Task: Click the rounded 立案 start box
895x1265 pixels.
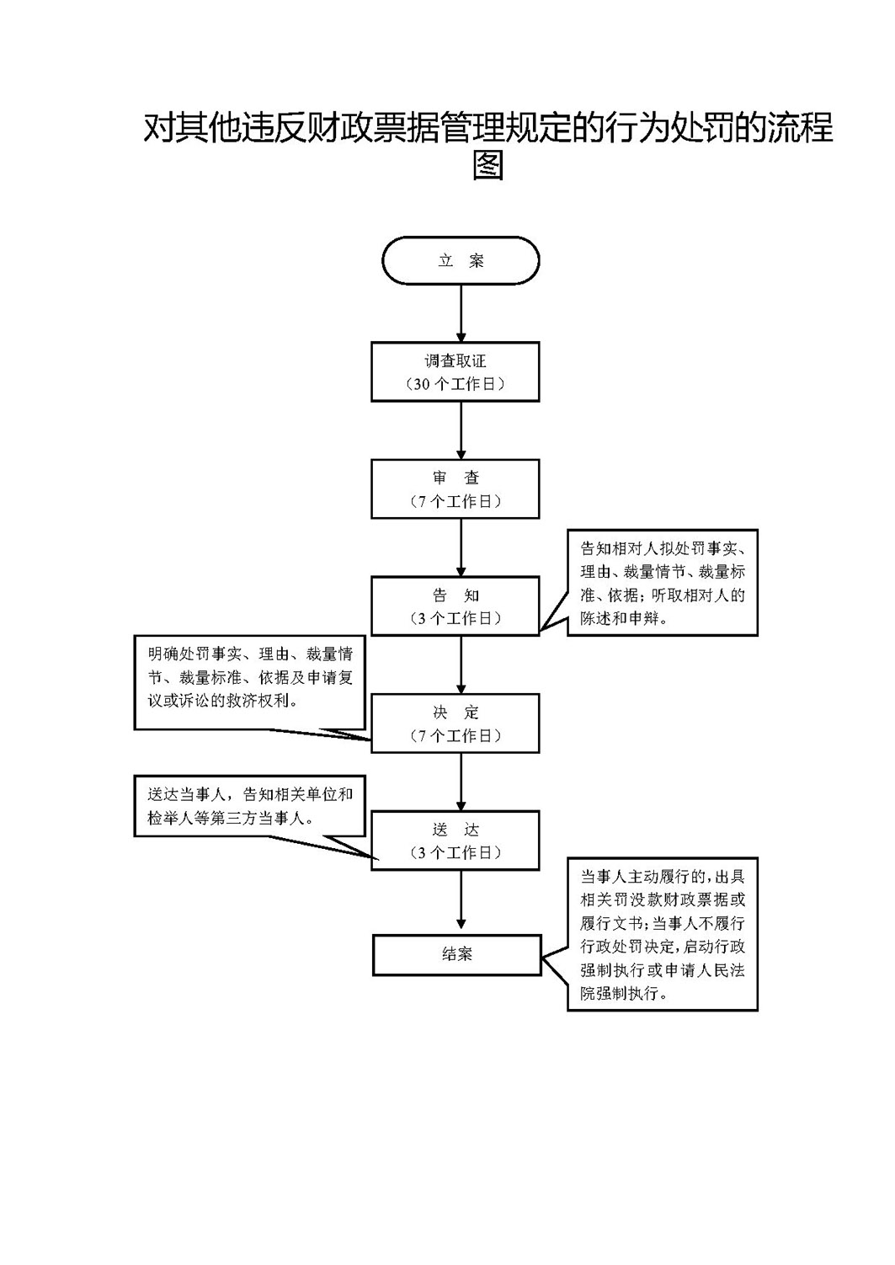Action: (461, 260)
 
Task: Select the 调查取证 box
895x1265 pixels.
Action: (455, 371)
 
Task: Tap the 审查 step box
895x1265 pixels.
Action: (455, 489)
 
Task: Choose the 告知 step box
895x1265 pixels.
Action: (455, 606)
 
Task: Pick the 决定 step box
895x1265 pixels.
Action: (455, 723)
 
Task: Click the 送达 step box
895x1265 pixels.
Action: (455, 841)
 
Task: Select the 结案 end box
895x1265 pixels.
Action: (457, 955)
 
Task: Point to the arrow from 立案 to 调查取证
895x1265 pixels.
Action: (461, 312)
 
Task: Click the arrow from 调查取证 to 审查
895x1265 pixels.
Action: (461, 430)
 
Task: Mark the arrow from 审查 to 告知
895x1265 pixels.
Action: (461, 547)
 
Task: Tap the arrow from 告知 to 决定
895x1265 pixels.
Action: (461, 665)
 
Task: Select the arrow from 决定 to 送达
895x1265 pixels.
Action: (461, 782)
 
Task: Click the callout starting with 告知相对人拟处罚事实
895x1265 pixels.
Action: (663, 582)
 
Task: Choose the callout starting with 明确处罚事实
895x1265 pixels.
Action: (249, 682)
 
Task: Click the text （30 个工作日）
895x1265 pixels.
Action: (455, 384)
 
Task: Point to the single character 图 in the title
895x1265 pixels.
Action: (487, 164)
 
